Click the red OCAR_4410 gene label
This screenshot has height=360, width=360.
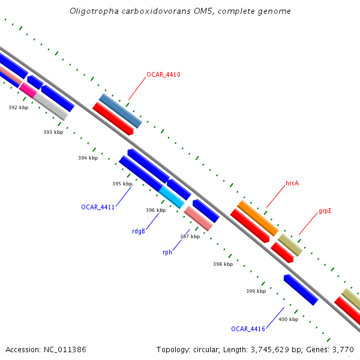pyautogui.click(x=163, y=75)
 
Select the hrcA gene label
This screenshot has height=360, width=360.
pyautogui.click(x=292, y=183)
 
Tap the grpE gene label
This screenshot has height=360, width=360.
pyautogui.click(x=325, y=211)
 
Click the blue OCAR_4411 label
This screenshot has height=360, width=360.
pyautogui.click(x=98, y=207)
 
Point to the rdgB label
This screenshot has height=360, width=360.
pyautogui.click(x=139, y=231)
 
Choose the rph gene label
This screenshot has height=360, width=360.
pyautogui.click(x=167, y=252)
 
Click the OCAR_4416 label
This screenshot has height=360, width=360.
pyautogui.click(x=248, y=329)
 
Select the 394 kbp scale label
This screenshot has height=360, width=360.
pyautogui.click(x=88, y=158)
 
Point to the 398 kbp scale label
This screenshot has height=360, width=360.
pyautogui.click(x=223, y=264)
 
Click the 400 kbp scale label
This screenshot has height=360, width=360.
pyautogui.click(x=288, y=319)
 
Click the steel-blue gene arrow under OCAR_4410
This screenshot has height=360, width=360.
pyautogui.click(x=121, y=111)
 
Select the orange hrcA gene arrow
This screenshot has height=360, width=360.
pyautogui.click(x=257, y=218)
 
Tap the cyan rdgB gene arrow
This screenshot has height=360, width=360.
pyautogui.click(x=172, y=197)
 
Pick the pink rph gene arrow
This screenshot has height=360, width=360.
pyautogui.click(x=198, y=218)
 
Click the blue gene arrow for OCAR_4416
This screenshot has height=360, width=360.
pyautogui.click(x=300, y=290)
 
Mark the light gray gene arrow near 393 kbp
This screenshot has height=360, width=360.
pyautogui.click(x=50, y=106)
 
